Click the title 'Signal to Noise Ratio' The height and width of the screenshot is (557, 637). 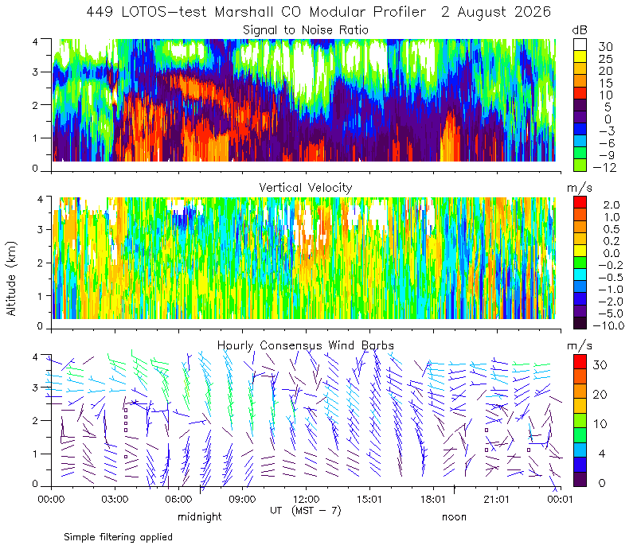tap(306, 30)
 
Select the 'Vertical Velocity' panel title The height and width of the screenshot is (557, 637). tap(306, 188)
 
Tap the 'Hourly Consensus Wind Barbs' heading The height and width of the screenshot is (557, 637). tap(306, 345)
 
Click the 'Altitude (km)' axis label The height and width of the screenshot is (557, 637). tap(11, 278)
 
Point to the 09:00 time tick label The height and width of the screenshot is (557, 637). tap(242, 499)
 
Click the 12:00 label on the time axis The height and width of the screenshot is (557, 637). tap(306, 499)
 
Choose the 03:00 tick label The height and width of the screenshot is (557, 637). tap(115, 499)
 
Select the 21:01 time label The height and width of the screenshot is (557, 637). tap(496, 499)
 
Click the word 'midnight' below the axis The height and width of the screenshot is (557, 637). tap(200, 516)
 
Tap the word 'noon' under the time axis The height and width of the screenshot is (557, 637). tap(454, 517)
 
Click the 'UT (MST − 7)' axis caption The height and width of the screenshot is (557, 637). tap(306, 511)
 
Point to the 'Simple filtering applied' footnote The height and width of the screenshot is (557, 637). tap(118, 538)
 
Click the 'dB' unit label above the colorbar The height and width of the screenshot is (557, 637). tap(580, 30)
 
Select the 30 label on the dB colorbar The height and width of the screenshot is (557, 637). tap(605, 47)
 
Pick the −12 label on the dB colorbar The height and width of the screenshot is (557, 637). tap(604, 167)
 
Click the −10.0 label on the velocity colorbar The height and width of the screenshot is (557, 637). tap(608, 325)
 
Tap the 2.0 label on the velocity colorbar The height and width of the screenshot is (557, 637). tap(612, 205)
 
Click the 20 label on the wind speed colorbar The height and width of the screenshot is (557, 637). tap(600, 394)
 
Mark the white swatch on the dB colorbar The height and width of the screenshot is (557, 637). tap(580, 45)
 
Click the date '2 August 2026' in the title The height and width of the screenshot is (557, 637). tap(495, 12)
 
